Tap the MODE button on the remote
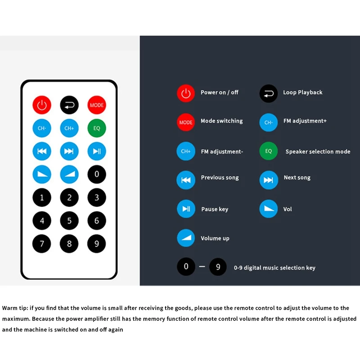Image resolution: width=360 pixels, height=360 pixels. [x=96, y=105]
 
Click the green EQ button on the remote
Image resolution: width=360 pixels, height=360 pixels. [x=96, y=128]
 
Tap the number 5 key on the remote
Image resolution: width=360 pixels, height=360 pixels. [x=69, y=220]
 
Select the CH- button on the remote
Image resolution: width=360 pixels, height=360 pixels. [x=42, y=128]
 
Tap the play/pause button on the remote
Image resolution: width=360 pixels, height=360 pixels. [x=96, y=151]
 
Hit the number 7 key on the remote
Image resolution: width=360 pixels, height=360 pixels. [x=42, y=244]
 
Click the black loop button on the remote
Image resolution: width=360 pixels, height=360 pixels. [x=69, y=105]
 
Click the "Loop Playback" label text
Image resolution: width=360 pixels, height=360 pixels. [x=302, y=92]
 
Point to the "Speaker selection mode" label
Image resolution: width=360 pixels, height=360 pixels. [x=318, y=152]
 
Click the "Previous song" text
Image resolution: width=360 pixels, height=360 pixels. [x=220, y=178]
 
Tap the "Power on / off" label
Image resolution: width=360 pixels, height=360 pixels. [x=219, y=92]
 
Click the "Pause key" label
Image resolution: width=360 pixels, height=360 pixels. [x=214, y=209]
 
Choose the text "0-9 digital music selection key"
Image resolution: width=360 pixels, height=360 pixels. [x=274, y=268]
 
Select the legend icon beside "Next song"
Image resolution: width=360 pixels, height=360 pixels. [x=269, y=180]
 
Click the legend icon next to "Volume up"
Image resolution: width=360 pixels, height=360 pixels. [x=186, y=238]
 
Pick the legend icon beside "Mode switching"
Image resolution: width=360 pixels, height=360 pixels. [x=186, y=122]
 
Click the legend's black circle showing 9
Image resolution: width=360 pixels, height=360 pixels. [x=218, y=267]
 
